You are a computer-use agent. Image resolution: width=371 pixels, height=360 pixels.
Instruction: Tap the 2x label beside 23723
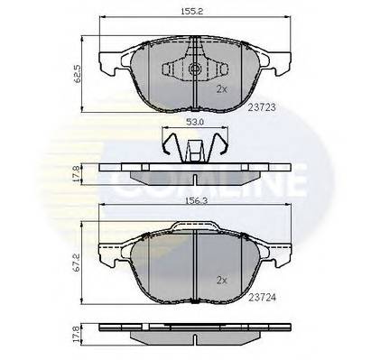click(x=222, y=88)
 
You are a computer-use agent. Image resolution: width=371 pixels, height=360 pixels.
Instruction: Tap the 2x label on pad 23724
click(x=222, y=281)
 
